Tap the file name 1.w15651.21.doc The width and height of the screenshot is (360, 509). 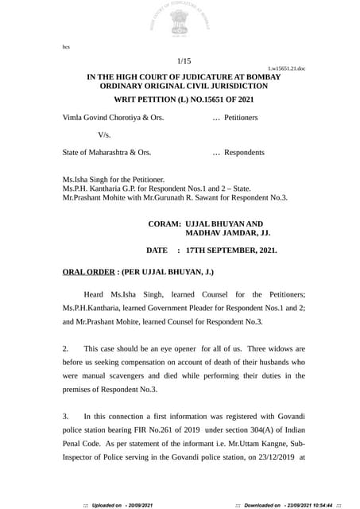click(286, 69)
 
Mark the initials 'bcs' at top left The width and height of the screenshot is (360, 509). click(66, 47)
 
